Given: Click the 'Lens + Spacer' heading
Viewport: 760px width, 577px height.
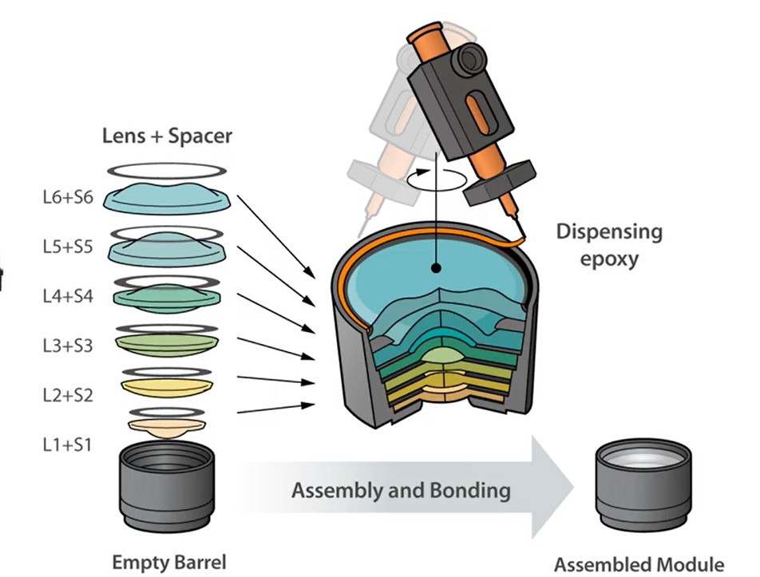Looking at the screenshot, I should point(167,136).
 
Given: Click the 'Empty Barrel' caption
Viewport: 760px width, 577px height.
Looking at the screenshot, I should point(168,561).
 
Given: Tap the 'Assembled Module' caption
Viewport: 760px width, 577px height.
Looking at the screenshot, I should point(639,564).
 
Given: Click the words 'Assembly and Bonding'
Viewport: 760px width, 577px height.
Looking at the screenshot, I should point(400,489).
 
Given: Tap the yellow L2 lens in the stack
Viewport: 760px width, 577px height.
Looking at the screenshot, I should point(168,386).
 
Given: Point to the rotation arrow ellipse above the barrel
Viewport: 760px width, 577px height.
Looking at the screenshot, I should point(436,179).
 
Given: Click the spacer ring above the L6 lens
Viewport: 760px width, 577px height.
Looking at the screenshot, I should point(168,170).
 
